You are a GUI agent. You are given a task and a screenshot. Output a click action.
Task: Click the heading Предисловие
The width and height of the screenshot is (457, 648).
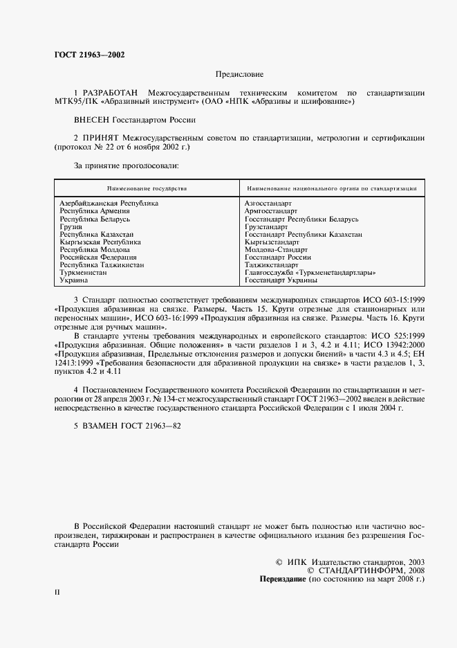(x=239, y=74)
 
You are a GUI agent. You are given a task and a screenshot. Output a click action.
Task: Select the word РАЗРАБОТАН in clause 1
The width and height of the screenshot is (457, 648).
(x=110, y=93)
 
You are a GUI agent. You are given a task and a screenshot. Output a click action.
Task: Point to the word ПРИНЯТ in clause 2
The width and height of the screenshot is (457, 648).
(x=104, y=138)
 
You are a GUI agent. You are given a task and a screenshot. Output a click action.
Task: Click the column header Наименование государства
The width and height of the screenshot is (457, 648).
(x=147, y=188)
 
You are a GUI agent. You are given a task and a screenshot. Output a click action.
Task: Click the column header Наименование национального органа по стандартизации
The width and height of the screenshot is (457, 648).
(x=330, y=188)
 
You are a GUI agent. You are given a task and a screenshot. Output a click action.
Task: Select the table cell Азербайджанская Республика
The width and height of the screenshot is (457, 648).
(x=109, y=204)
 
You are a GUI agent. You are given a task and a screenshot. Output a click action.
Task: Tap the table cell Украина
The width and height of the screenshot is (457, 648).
(x=74, y=280)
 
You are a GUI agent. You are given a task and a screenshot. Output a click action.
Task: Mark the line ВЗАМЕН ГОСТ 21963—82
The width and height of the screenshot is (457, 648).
(x=127, y=425)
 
